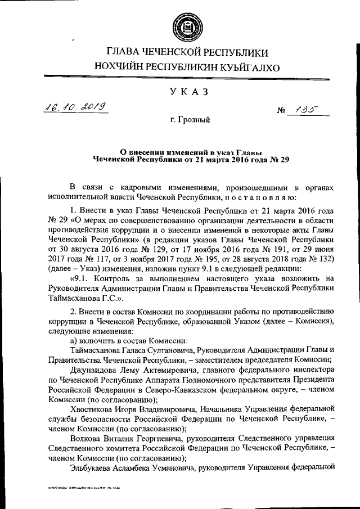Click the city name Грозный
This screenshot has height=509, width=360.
(190, 120)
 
